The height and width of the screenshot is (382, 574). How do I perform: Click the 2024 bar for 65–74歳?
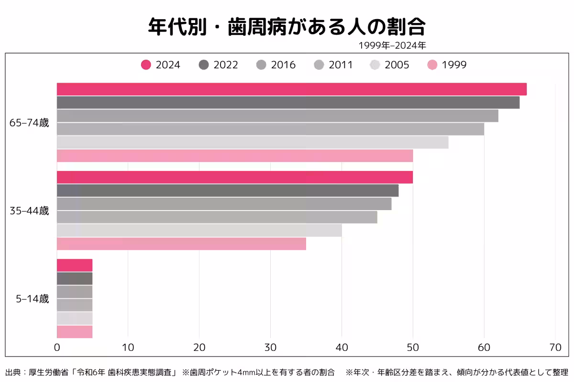292,89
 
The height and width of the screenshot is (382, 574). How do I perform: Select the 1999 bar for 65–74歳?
235,156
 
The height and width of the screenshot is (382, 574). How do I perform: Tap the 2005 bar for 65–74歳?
253,142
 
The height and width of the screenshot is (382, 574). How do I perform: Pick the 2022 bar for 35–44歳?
228,191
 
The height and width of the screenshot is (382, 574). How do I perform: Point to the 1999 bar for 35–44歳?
181,244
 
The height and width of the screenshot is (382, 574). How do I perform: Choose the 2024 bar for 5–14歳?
75,265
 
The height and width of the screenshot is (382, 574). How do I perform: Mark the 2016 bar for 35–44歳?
224,204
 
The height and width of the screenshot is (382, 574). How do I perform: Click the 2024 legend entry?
161,65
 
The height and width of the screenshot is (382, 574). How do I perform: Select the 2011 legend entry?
333,65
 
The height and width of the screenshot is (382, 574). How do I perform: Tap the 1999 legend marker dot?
432,65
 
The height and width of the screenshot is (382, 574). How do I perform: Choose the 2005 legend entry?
390,65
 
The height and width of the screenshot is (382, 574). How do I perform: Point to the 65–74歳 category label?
29,123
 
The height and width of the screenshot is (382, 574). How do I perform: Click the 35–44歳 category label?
29,211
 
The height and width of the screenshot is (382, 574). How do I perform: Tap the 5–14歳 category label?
32,299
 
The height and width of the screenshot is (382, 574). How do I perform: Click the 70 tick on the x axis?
555,347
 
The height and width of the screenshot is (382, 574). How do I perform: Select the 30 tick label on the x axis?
270,347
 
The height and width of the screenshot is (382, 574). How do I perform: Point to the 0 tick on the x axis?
57,347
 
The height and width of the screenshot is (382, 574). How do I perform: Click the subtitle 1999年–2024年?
392,46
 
